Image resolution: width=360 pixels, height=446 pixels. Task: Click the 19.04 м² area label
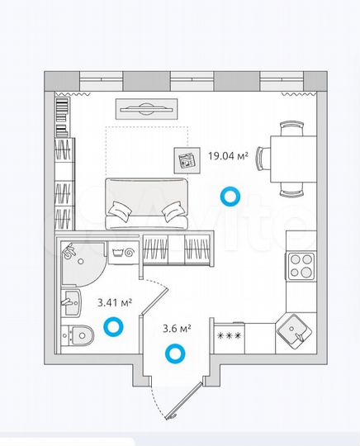(x=228, y=154)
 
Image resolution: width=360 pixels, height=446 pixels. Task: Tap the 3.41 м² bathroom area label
(x=115, y=304)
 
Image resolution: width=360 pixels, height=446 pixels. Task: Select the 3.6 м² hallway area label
(x=178, y=328)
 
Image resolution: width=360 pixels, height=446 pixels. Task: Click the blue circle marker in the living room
(x=230, y=196)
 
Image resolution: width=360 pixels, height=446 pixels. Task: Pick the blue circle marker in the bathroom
(x=114, y=330)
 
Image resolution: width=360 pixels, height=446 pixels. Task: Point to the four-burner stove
(x=300, y=268)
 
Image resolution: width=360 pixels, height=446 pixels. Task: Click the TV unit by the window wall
(x=147, y=107)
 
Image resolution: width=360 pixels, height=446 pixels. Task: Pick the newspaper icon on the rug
(x=185, y=159)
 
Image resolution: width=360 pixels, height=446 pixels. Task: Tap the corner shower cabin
(x=79, y=258)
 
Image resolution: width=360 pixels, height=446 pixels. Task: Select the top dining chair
(x=291, y=128)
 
